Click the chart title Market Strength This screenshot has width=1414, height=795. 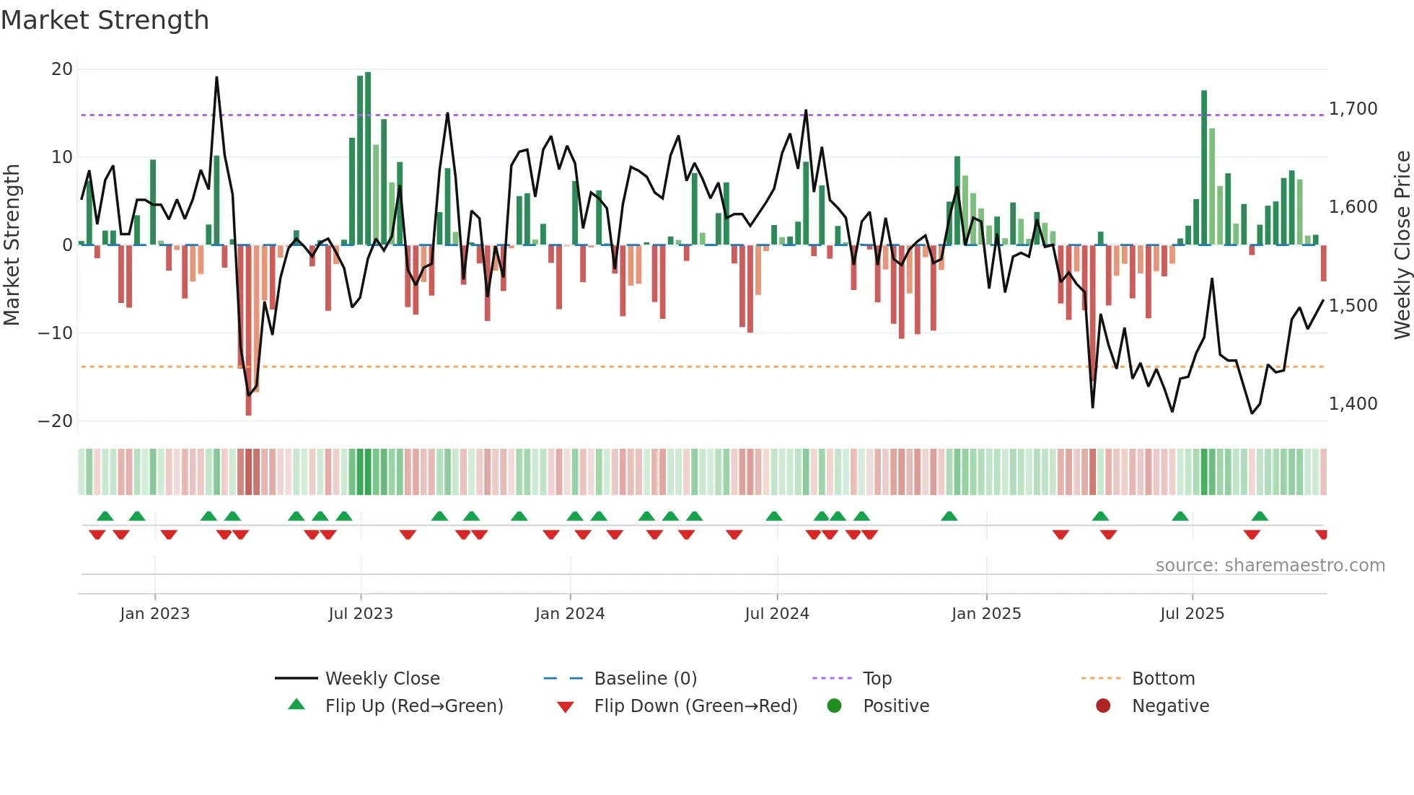[105, 20]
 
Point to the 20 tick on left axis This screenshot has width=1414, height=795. [62, 69]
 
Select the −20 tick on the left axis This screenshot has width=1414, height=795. [56, 421]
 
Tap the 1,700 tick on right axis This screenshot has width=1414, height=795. [1353, 109]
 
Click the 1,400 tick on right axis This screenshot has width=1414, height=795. [1353, 404]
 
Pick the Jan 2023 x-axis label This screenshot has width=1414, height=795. [154, 614]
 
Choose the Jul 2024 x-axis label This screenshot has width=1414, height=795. [776, 614]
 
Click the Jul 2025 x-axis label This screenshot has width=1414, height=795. [1192, 614]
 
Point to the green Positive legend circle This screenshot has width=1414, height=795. [834, 706]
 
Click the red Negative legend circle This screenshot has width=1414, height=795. [1102, 706]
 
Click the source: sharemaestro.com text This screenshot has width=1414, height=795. [1270, 566]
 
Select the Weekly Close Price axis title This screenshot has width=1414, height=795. [1402, 245]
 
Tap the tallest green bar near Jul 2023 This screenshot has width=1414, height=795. [368, 159]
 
